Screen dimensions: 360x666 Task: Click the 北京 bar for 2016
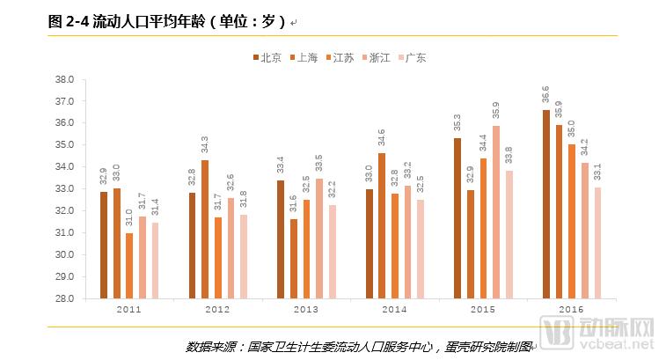545,204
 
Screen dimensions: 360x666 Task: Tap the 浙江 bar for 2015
496,212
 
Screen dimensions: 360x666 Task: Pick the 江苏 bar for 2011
129,266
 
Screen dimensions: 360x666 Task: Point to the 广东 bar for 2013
332,252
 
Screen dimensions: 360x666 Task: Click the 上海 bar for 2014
381,225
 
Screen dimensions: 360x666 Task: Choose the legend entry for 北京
267,58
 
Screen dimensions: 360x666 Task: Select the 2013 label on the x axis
306,310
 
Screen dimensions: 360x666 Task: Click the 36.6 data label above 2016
545,95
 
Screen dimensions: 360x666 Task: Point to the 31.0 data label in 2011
129,218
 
